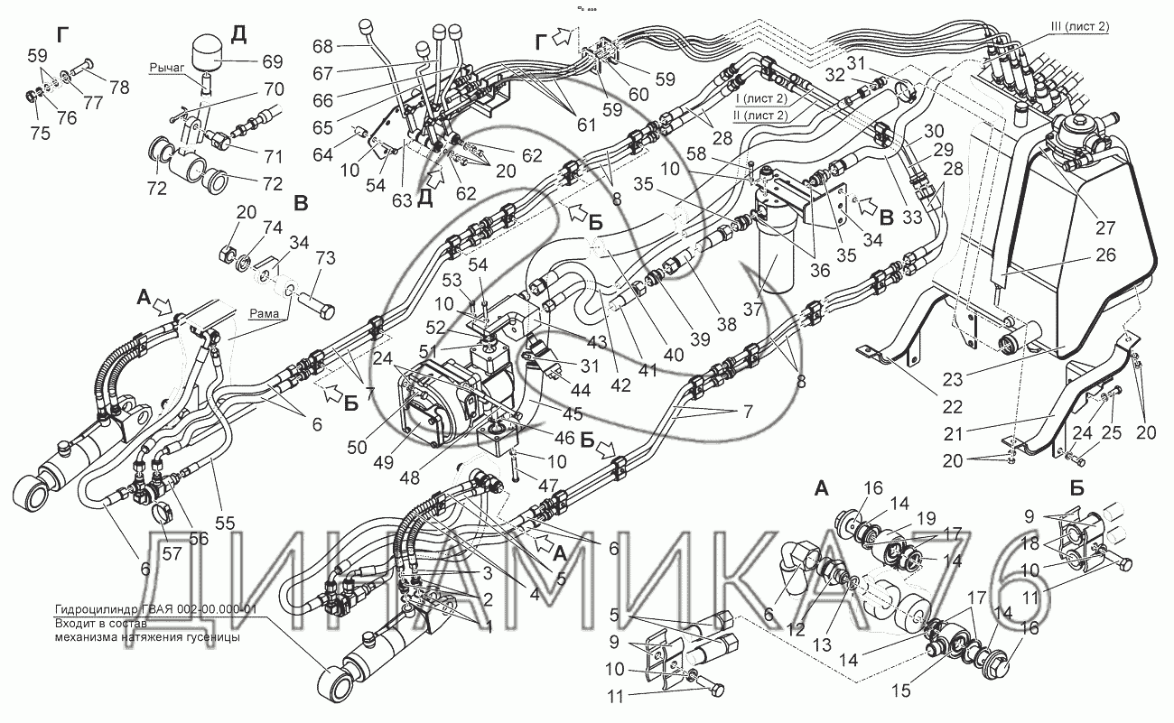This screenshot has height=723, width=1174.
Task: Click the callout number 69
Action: point(272,62)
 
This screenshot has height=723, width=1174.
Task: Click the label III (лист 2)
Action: point(1078,26)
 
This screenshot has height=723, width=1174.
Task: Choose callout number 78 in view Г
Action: point(119,88)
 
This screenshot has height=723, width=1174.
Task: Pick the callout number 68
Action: point(323,46)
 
